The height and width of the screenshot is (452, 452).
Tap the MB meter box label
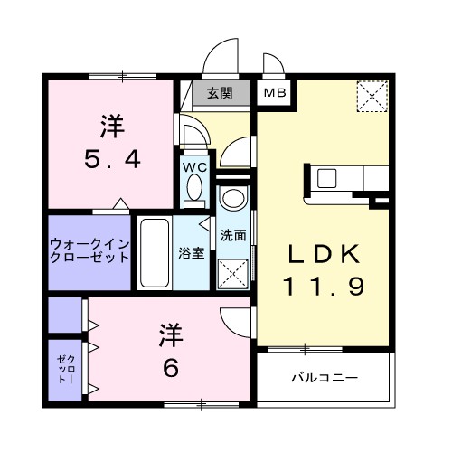pos(272,91)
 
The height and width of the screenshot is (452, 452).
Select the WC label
pos(195,166)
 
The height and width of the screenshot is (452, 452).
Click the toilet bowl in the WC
pos(195,188)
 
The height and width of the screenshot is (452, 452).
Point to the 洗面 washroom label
pos(234,234)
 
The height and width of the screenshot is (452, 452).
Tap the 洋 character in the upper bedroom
pos(112,126)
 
